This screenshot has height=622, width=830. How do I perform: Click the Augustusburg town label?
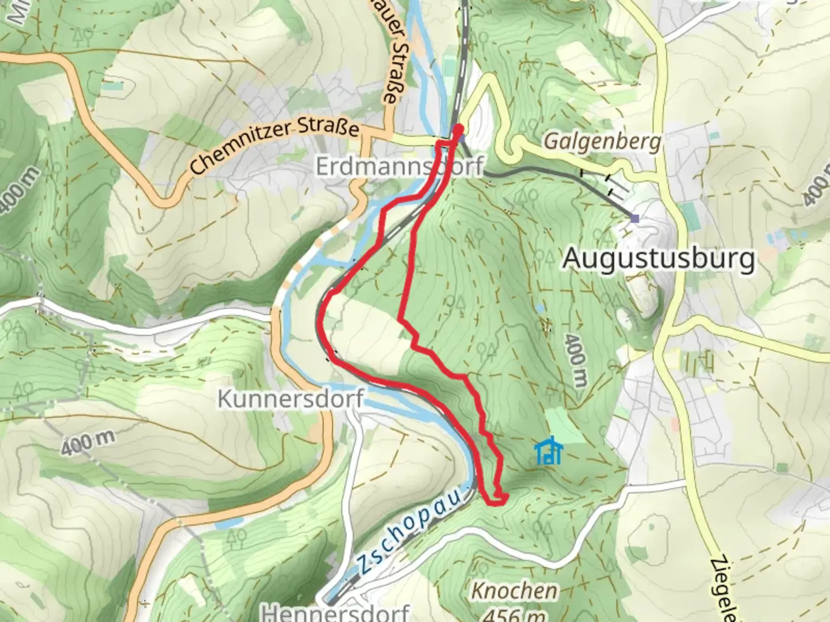pos(658,259)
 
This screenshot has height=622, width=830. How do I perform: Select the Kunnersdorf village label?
pos(290,399)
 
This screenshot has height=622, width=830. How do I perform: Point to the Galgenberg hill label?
pos(602,142)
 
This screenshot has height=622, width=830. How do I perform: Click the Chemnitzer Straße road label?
pos(274,147)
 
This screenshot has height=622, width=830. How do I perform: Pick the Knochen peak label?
pos(515,590)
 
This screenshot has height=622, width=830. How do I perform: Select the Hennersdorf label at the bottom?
pos(335,612)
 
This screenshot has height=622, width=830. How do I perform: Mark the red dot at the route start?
pos(459,128)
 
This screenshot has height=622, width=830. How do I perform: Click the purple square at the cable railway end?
pos(635,218)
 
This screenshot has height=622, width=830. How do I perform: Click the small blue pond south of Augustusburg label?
pos(540,309)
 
